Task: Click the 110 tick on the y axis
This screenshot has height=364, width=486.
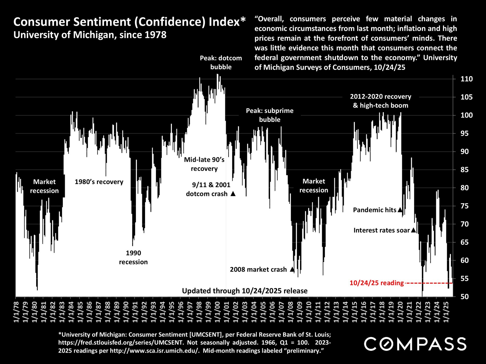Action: [467, 79]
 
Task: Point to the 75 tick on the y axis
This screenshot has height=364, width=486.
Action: [467, 206]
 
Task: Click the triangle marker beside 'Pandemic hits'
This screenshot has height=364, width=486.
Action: [400, 210]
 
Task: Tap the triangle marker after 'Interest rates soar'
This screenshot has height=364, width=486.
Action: [413, 230]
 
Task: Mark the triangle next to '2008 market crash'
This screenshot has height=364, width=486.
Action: [292, 269]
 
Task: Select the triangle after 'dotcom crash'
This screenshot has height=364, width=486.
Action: [233, 194]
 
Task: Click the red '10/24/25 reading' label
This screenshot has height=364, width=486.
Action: [376, 283]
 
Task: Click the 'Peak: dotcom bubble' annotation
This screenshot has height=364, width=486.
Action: [221, 62]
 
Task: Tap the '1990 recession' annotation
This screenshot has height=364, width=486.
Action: [133, 257]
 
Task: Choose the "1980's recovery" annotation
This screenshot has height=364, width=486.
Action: [99, 182]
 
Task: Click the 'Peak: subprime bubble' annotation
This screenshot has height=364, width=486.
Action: [270, 115]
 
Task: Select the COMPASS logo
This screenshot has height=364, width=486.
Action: [415, 344]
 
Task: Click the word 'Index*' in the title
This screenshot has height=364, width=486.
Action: [227, 22]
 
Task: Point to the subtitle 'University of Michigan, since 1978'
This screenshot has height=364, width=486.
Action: [90, 35]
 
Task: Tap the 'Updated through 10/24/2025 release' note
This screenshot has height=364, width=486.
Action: [245, 291]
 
